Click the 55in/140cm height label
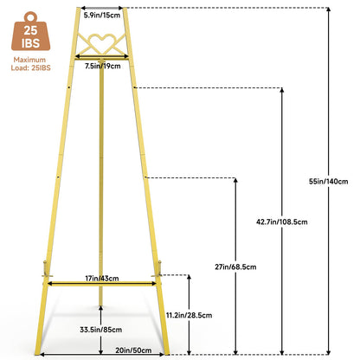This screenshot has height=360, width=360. tap(328, 182)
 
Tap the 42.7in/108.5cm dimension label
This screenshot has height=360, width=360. tap(282, 222)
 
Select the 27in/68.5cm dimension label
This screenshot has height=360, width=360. tap(235, 267)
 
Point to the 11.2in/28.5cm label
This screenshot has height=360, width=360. tap(189, 315)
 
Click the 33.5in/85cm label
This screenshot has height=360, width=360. tap(100, 330)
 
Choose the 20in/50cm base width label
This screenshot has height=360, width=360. tap(133, 350)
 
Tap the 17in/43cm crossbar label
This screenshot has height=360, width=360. tap(102, 279)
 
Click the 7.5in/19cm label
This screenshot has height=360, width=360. tap(102, 66)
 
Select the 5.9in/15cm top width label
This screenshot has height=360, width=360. tap(102, 16)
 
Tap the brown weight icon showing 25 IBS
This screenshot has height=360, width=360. tap(30, 31)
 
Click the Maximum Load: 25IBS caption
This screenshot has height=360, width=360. tap(30, 64)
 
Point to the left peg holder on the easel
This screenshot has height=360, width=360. tap(46, 269)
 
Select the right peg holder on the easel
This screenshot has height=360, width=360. tap(158, 269)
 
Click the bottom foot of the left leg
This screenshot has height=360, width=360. tap(38, 352)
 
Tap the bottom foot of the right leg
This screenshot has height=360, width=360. tap(166, 352)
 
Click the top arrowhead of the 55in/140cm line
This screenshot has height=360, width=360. tap(328, 10)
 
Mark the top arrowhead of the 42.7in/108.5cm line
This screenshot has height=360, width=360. tap(282, 90)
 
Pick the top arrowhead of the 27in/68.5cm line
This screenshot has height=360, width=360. tap(235, 180)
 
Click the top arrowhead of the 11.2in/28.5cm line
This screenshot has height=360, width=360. tap(189, 277)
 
